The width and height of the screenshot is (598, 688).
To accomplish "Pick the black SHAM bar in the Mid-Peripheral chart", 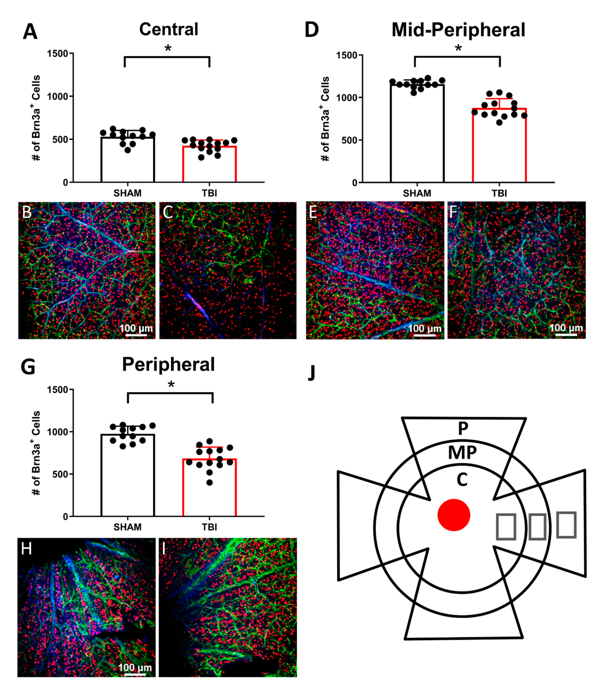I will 417,133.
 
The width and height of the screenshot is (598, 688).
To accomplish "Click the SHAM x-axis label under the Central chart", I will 127,193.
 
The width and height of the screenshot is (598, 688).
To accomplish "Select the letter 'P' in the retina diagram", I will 463,429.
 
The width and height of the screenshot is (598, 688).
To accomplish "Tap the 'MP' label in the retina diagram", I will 462,453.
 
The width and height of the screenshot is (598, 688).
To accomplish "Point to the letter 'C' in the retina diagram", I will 462,480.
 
